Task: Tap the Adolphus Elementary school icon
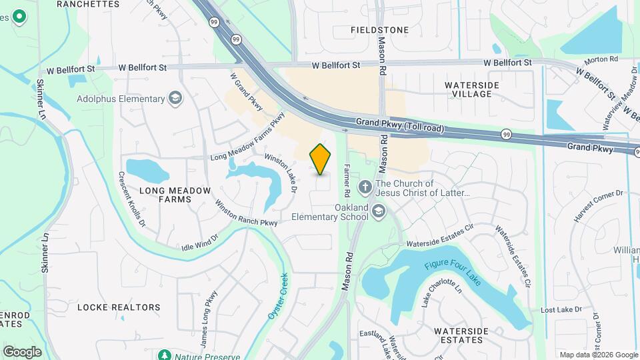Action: (x=175, y=99)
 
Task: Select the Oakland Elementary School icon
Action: (x=379, y=212)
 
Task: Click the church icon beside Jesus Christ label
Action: (x=365, y=187)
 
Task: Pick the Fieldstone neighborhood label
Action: (x=379, y=30)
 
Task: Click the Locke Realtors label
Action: (x=119, y=307)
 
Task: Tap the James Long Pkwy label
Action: (x=209, y=310)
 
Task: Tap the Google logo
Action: (x=22, y=351)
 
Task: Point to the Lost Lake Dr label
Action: (x=561, y=310)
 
